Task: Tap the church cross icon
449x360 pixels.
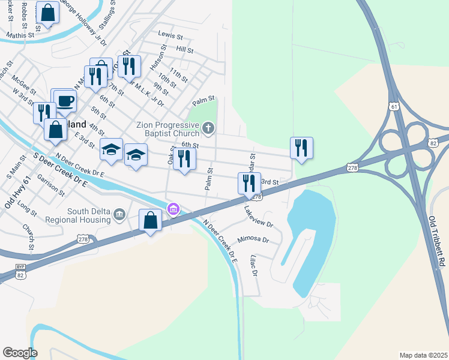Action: click(x=208, y=127)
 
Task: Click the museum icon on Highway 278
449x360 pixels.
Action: click(x=173, y=209)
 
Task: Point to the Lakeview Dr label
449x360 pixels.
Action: click(x=259, y=217)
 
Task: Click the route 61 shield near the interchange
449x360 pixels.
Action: click(x=394, y=106)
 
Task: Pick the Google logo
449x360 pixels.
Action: click(x=20, y=353)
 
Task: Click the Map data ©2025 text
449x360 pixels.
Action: click(x=423, y=355)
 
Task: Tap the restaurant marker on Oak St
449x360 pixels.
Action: click(x=184, y=159)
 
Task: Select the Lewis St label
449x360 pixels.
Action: click(x=170, y=35)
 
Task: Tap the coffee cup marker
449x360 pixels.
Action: click(x=65, y=100)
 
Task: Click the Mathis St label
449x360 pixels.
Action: click(x=20, y=35)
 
